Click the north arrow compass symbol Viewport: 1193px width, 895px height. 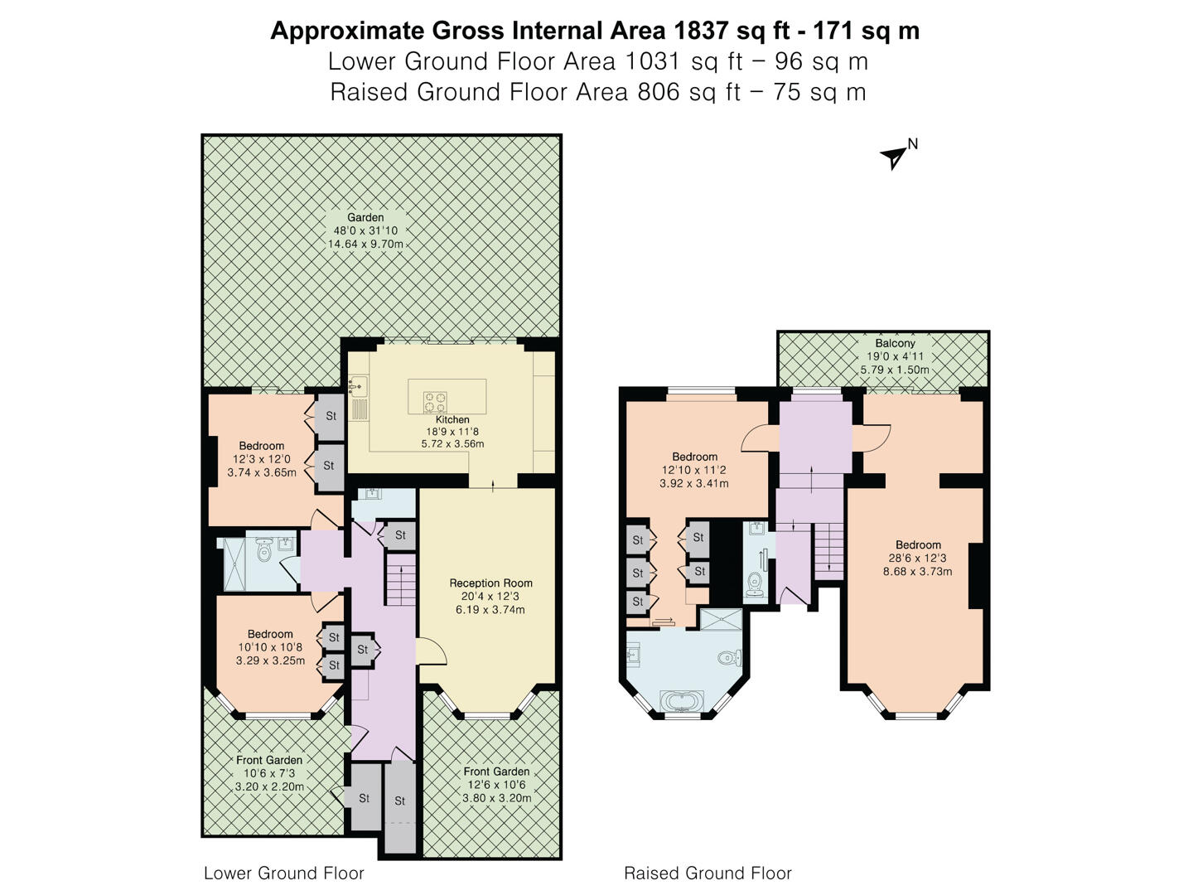pos(895,156)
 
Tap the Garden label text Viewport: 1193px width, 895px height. pos(365,218)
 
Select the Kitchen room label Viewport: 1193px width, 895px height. pos(452,419)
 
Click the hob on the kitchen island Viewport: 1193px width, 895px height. pos(436,402)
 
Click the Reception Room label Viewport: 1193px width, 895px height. pos(490,583)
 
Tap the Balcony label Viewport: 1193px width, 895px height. pos(895,343)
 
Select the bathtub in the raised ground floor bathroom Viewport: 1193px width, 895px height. pos(682,702)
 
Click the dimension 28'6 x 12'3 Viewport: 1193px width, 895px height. pos(918,559)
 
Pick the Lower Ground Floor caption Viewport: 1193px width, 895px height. pos(284,873)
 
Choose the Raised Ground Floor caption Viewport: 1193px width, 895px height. pos(708,873)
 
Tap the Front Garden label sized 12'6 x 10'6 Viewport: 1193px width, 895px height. pos(496,772)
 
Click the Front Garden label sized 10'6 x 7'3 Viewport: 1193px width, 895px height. pos(269,760)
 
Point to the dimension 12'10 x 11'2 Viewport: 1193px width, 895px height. pos(694,470)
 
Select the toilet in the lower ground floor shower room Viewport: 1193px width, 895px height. pos(264,551)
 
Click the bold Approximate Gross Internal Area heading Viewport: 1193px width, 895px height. pos(595,31)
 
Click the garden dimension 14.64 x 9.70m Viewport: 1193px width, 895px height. pos(365,244)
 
